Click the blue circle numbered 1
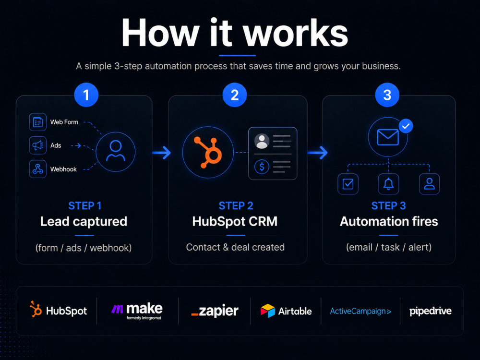86,95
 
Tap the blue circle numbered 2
235,95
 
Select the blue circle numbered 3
387,95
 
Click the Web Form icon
37,122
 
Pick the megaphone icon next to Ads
37,145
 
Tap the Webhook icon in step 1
37,168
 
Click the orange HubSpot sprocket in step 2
208,153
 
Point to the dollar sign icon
262,167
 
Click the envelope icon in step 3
388,137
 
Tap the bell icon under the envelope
388,184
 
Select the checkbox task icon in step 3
348,184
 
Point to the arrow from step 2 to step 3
317,153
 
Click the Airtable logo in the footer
286,311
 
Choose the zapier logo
215,311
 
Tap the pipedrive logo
431,312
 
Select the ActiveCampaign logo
360,312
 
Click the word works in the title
295,33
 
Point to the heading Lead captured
84,221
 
